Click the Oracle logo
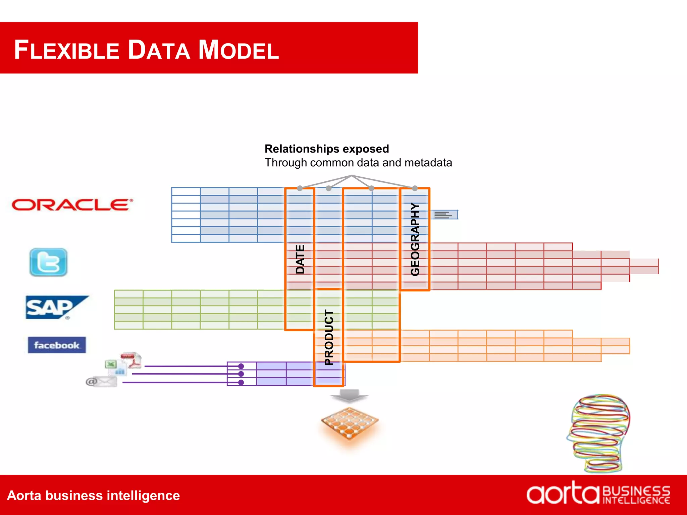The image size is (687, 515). click(72, 205)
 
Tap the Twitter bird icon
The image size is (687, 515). click(48, 262)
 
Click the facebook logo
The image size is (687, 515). click(57, 345)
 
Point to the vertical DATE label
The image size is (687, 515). click(300, 259)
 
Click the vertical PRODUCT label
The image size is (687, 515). click(329, 337)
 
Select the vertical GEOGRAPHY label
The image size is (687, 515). click(415, 239)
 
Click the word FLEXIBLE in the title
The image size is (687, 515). click(67, 50)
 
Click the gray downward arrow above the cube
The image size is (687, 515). click(350, 396)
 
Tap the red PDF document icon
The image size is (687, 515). click(132, 360)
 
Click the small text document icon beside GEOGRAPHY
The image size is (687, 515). click(444, 215)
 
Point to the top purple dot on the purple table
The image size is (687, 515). click(241, 366)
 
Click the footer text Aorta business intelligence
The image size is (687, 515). click(94, 496)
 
